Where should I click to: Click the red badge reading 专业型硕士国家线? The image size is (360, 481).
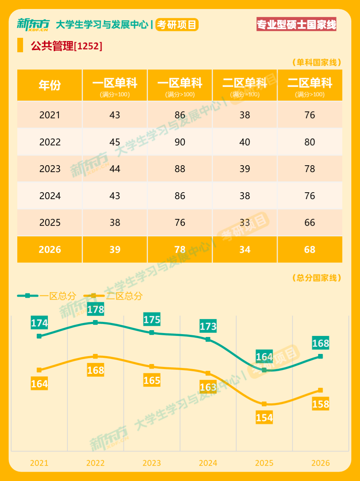coord(296,24)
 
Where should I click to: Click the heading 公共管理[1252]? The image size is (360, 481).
coord(67,46)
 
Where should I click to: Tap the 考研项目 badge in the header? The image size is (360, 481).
coord(177,24)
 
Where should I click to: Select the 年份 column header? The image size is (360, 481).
coord(50,85)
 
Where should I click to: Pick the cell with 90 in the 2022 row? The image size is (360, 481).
coord(180,142)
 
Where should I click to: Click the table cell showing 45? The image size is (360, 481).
coord(115,142)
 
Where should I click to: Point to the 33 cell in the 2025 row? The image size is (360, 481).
coord(245,222)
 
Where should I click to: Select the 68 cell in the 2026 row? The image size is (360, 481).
coord(310,250)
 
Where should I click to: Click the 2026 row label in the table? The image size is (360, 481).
coord(50,250)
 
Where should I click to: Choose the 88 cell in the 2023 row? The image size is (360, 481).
coord(180,169)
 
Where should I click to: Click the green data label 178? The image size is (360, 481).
coord(95,309)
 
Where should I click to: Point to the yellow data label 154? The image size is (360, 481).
coord(264,418)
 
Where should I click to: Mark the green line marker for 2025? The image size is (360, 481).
coord(264,370)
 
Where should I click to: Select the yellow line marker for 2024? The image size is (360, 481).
coord(208,373)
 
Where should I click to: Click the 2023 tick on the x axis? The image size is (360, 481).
coord(152,463)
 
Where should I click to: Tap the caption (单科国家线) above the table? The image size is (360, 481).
coord(316,62)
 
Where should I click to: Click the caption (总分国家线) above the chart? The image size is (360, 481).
coord(316,278)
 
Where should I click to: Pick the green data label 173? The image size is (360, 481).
coord(208,326)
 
